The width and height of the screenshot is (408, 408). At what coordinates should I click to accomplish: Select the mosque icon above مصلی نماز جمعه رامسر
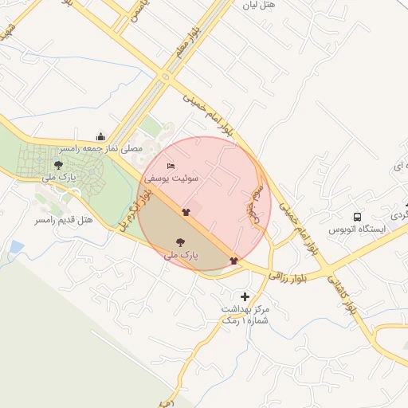coord(100,136)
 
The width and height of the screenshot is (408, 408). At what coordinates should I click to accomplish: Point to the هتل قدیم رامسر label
coord(65,218)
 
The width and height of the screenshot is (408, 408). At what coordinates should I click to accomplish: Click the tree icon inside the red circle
coord(180,241)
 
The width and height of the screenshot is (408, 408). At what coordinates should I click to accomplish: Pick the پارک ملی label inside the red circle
coord(180,255)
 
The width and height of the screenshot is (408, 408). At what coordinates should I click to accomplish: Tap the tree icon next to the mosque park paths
coord(58,164)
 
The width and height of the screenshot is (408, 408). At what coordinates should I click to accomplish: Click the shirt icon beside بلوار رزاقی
coord(233,260)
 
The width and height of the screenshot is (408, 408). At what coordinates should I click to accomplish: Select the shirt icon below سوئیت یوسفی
coord(186,212)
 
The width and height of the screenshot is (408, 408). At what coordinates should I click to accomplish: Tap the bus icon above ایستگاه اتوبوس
coord(358,216)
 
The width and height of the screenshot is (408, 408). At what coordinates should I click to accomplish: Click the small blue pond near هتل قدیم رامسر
coord(16,248)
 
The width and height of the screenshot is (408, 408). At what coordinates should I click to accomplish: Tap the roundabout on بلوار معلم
coord(166,77)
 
